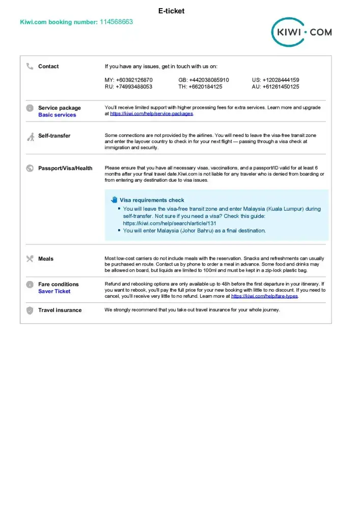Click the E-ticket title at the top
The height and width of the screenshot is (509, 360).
pyautogui.click(x=171, y=11)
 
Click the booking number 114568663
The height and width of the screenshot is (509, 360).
pyautogui.click(x=116, y=22)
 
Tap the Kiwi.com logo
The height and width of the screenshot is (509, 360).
pyautogui.click(x=301, y=33)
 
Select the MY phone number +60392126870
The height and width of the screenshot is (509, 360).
pyautogui.click(x=128, y=80)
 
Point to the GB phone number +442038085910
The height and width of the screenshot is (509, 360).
pyautogui.click(x=204, y=80)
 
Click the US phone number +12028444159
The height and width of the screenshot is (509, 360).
pyautogui.click(x=275, y=80)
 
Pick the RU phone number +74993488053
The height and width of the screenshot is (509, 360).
pyautogui.click(x=128, y=87)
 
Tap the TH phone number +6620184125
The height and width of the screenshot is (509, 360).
pyautogui.click(x=200, y=87)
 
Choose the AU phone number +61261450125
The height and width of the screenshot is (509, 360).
pyautogui.click(x=275, y=87)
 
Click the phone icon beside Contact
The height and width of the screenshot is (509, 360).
pyautogui.click(x=30, y=66)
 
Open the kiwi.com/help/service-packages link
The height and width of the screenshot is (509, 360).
pyautogui.click(x=151, y=114)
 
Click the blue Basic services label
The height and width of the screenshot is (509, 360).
pyautogui.click(x=57, y=115)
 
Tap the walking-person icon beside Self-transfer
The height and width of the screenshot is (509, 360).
pyautogui.click(x=30, y=136)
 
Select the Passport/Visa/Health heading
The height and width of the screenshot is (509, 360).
pyautogui.click(x=65, y=168)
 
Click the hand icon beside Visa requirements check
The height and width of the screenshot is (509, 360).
pyautogui.click(x=114, y=200)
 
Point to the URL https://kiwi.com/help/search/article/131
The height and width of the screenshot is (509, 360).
pyautogui.click(x=170, y=223)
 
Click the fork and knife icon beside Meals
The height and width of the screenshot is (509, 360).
pyautogui.click(x=30, y=259)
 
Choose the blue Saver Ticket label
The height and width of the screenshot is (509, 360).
pyautogui.click(x=54, y=292)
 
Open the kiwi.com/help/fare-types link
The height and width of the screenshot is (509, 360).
pyautogui.click(x=265, y=296)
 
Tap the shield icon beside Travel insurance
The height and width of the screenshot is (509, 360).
pyautogui.click(x=30, y=310)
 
